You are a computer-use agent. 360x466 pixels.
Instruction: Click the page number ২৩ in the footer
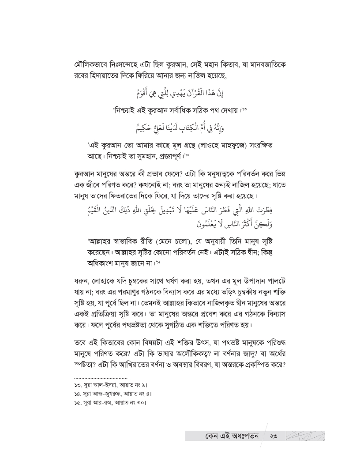275,437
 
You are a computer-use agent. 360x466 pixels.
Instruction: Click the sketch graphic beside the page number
305,436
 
